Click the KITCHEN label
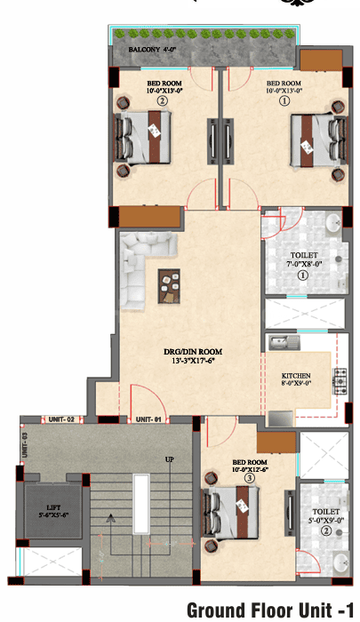(x=295, y=376)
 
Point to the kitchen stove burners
(x=339, y=383)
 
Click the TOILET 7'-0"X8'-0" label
(x=302, y=259)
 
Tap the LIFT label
(x=56, y=510)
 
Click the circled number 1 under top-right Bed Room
(x=284, y=100)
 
